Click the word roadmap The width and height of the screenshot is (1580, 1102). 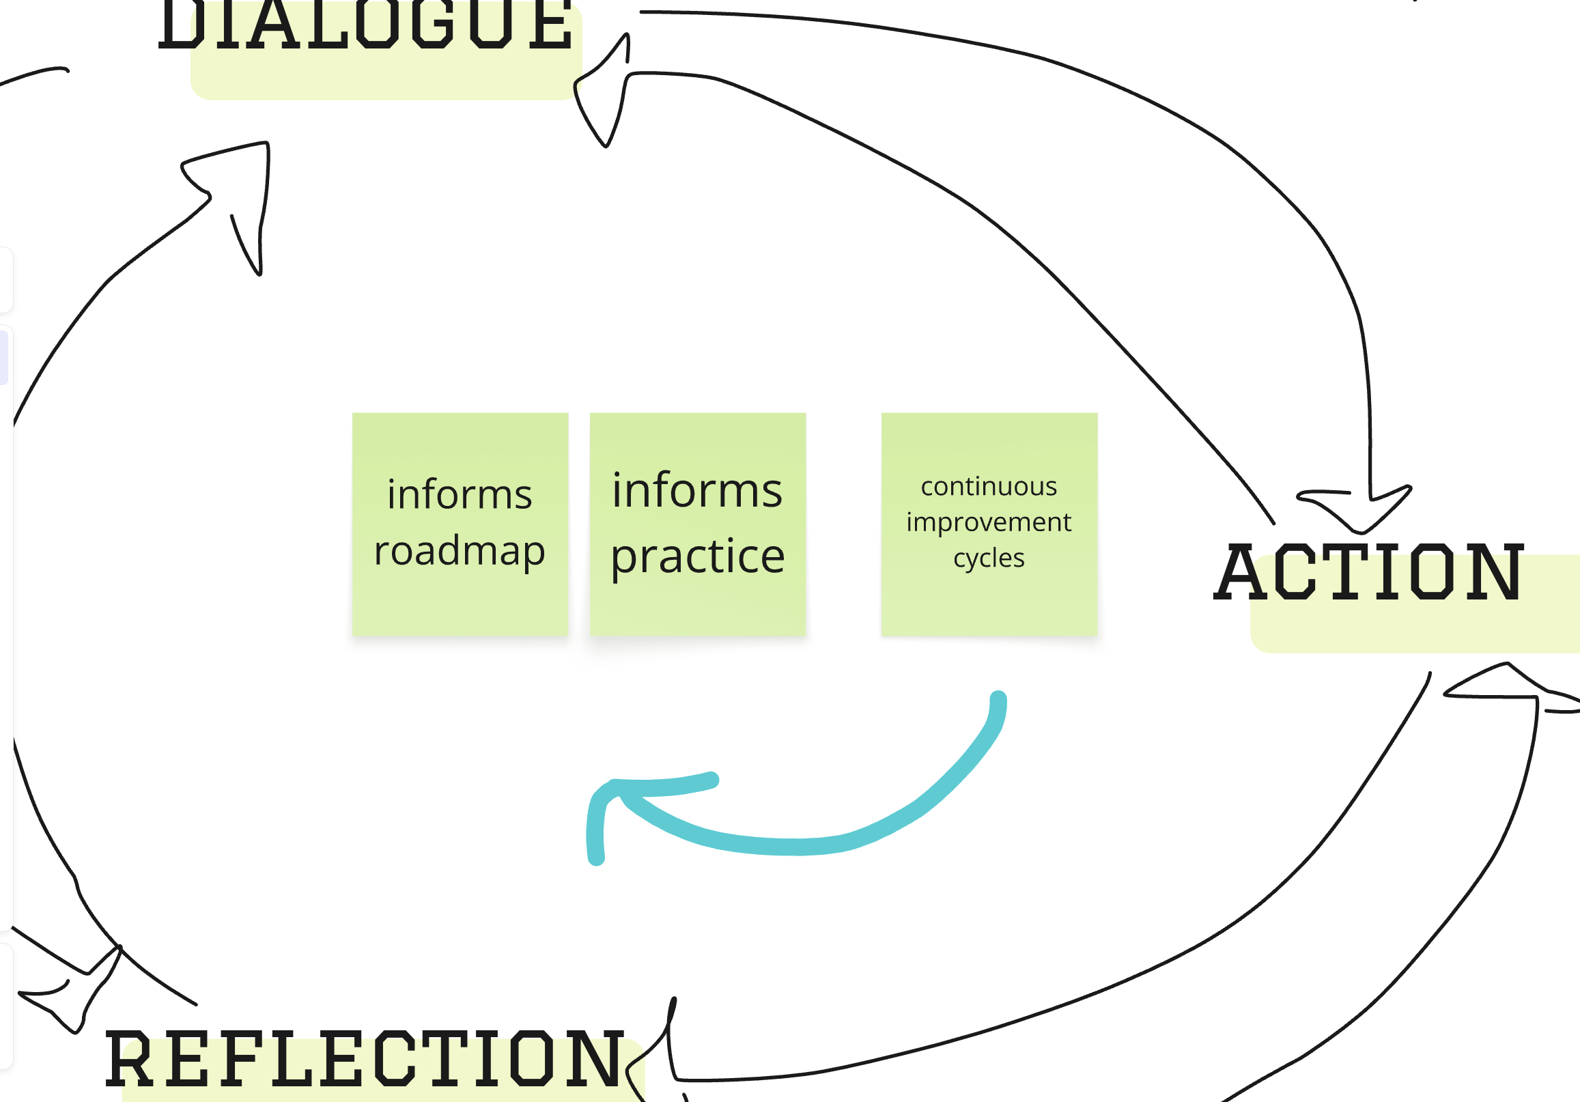(459, 552)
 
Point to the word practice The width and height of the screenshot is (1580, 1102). (697, 556)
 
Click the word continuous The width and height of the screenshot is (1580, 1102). (988, 487)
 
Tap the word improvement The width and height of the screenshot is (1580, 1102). (988, 522)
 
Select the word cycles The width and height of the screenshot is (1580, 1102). (988, 559)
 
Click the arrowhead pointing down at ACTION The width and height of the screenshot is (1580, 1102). (1359, 513)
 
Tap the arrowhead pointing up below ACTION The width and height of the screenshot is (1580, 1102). (1507, 681)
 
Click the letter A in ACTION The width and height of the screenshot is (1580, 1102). (1239, 572)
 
